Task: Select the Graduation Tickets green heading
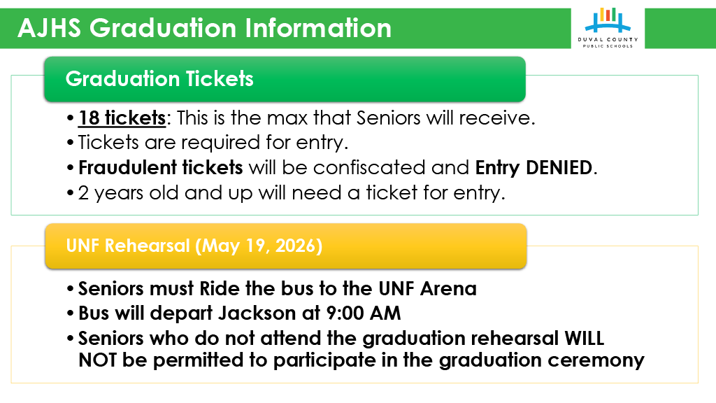pyautogui.click(x=159, y=78)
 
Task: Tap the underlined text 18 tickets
pyautogui.click(x=122, y=118)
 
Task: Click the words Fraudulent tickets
pyautogui.click(x=160, y=168)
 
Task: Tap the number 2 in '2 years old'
pyautogui.click(x=83, y=193)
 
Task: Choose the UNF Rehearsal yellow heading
pyautogui.click(x=194, y=246)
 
